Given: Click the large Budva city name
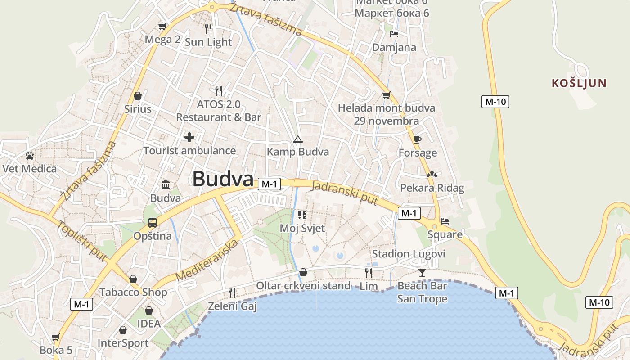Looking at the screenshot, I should point(223,179).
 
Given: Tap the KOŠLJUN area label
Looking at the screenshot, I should point(579,83).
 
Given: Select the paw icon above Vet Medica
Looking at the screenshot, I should point(30,156).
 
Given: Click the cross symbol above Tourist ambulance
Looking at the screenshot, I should point(189,137).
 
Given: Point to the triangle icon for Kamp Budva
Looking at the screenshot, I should point(297,139).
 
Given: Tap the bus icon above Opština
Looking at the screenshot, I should point(153,223).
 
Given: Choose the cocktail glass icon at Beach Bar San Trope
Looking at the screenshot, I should point(422,272).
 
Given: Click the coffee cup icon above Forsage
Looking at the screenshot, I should point(417,139).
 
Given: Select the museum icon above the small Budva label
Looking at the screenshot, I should point(166,184).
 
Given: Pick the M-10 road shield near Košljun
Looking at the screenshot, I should point(495,102).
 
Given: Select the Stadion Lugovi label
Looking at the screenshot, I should point(409,254).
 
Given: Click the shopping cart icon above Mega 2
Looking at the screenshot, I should point(162,27).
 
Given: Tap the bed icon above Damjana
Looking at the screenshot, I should point(394,34).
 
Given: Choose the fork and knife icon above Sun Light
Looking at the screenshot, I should point(208,29).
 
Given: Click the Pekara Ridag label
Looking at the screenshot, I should point(432,188).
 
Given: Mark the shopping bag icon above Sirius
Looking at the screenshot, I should point(138,96).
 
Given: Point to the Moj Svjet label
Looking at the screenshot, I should point(302,228).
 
